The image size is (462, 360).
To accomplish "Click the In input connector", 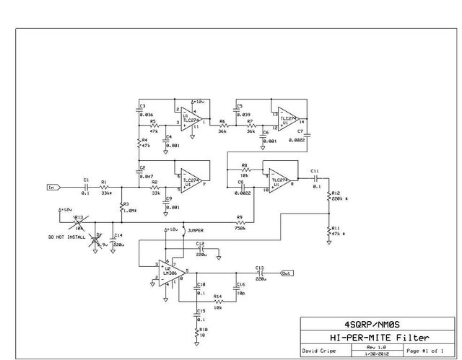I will [x=51, y=187].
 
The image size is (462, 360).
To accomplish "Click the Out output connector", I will [x=287, y=273].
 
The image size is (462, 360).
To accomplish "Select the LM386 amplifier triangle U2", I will [x=174, y=273].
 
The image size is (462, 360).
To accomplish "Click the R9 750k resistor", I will [x=240, y=224].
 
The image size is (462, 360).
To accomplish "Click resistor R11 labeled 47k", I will [x=328, y=231].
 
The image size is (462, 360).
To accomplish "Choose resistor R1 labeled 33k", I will [x=105, y=187].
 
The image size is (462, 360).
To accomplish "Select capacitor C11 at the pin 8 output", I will [x=315, y=176].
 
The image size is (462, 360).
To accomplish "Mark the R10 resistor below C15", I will [x=196, y=333].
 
